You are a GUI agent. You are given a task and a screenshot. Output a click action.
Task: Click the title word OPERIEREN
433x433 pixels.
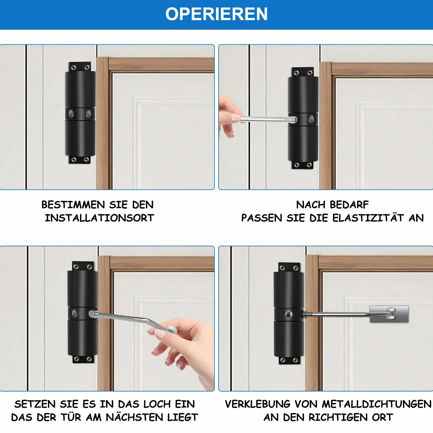pos(216,14)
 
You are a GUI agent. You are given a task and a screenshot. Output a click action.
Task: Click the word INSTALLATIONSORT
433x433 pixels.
pos(99,218)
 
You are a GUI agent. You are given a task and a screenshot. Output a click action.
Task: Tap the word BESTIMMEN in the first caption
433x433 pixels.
pos(73,205)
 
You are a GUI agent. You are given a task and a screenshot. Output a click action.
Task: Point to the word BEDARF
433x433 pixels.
pos(349,205)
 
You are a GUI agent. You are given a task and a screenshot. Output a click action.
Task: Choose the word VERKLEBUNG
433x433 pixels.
pos(258,404)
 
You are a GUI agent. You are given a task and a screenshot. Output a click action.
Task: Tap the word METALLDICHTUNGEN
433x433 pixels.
pos(377,404)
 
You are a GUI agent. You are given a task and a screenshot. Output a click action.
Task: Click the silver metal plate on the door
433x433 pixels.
pos(389,314)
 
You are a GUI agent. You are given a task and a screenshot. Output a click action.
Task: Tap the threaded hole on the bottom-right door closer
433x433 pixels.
pos(289,314)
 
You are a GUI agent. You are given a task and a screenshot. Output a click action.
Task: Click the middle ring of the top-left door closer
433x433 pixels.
pos(80,113)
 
